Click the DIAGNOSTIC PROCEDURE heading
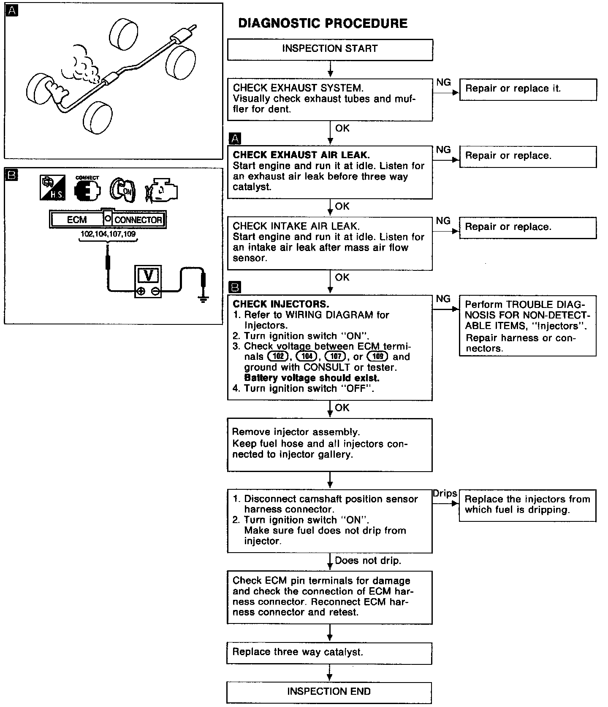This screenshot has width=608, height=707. (323, 23)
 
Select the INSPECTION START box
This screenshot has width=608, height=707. (330, 49)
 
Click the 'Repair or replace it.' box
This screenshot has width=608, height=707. (528, 89)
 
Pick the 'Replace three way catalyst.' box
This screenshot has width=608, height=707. (329, 653)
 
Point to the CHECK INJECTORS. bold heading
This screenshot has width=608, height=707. (281, 304)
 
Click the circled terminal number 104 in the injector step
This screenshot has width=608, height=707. (307, 357)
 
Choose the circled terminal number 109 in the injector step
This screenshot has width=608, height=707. (378, 357)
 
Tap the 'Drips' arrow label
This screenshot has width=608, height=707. (445, 494)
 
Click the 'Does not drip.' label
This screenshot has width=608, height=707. (368, 561)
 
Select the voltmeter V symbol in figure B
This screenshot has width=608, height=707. (148, 275)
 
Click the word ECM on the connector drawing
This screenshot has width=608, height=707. (77, 220)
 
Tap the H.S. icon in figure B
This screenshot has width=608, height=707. (52, 188)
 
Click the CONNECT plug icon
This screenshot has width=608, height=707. (87, 190)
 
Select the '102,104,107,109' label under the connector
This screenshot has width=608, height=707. (109, 234)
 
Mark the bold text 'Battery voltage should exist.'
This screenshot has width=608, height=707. (312, 378)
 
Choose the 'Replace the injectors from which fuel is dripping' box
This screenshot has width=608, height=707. (527, 505)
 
